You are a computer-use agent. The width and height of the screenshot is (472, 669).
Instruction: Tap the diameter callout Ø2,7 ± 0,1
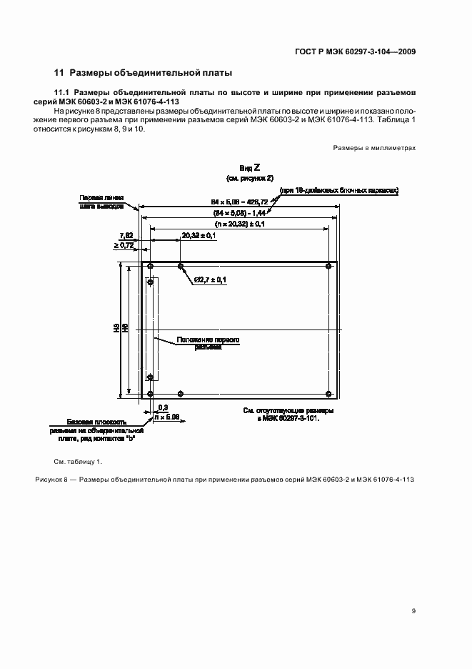[210, 279]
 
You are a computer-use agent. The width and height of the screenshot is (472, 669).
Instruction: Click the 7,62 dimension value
[125, 235]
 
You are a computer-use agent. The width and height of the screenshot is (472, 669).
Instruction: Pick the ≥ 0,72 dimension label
[124, 245]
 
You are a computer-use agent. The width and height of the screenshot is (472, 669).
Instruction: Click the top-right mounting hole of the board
[328, 267]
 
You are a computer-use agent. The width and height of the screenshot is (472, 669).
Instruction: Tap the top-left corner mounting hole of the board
[151, 267]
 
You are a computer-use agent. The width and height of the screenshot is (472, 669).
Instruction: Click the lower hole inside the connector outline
[151, 377]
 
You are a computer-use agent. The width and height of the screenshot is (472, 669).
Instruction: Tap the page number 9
[413, 611]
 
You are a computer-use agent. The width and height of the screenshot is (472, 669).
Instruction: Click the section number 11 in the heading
[60, 73]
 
